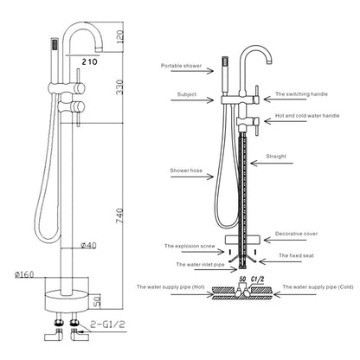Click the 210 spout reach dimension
pos(90,61)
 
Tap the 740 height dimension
pos(119,216)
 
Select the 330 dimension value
pos(119,87)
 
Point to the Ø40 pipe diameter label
pos(88,246)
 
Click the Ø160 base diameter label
pos(24,274)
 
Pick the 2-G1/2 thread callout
pos(107,325)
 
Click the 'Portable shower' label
pos(181,66)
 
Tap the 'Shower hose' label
pos(186,170)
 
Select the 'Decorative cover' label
pos(296,234)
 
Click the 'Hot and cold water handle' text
pos(307,116)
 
